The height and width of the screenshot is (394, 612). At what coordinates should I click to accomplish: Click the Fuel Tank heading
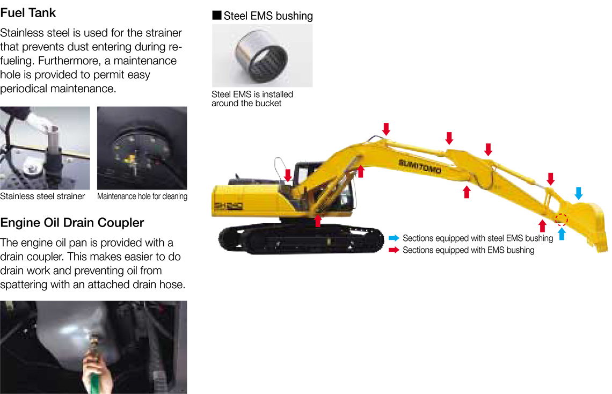point(28,13)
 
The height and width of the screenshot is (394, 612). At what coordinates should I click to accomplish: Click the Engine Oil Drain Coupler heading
point(72,223)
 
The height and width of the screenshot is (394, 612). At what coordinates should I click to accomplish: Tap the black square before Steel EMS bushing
point(217,15)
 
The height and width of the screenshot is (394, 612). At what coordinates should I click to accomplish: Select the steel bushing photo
point(263,55)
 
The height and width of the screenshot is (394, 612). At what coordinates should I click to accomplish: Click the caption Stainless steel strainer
point(42,196)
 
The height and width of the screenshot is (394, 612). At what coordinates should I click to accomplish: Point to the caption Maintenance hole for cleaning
point(142,196)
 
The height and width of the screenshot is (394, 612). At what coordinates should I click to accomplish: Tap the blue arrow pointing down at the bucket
point(578,193)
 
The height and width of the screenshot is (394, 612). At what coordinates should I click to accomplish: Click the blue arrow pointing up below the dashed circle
point(562,234)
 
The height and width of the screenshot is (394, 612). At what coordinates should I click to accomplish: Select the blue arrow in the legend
point(394,238)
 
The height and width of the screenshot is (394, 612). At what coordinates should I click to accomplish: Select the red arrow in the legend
point(394,250)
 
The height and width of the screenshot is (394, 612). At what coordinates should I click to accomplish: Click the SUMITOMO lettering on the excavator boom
point(420,166)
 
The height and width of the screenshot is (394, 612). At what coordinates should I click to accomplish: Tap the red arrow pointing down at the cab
point(288,175)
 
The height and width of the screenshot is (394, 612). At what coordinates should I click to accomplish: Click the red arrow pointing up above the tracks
point(318,221)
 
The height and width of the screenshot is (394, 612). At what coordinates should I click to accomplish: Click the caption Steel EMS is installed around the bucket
point(252,99)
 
